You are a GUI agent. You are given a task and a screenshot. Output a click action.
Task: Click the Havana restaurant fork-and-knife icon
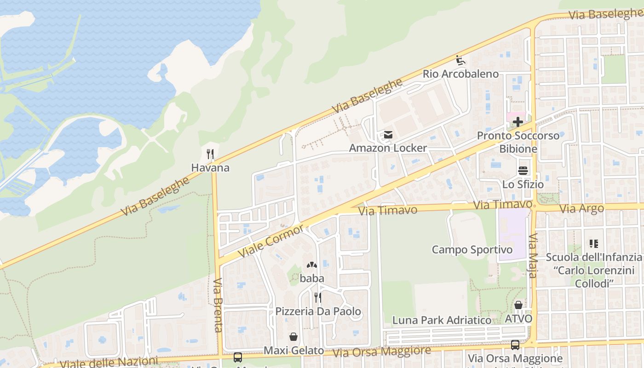tap(211, 154)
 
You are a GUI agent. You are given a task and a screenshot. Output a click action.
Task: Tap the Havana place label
tap(210, 168)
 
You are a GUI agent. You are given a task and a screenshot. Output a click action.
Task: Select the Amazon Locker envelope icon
tap(388, 135)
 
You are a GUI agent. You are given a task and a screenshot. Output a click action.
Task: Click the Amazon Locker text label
tap(388, 148)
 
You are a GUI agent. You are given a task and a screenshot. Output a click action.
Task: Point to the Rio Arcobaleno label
tap(460, 74)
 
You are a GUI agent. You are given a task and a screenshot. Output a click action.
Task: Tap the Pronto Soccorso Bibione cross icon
tap(518, 122)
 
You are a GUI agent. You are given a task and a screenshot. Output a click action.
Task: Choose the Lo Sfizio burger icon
tap(523, 171)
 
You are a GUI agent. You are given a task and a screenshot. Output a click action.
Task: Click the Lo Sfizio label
tap(523, 184)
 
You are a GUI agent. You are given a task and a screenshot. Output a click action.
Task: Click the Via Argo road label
tap(581, 209)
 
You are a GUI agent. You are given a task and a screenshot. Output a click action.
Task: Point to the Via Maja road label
tap(533, 256)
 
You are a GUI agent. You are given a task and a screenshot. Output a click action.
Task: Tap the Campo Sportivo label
tap(472, 250)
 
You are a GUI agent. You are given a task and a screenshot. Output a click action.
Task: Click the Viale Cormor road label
tap(271, 241)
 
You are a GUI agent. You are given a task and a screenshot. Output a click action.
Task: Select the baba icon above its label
tap(312, 265)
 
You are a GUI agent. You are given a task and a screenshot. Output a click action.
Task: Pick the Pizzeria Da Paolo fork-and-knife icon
tap(317, 298)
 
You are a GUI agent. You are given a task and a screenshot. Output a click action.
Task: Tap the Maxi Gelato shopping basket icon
tap(293, 337)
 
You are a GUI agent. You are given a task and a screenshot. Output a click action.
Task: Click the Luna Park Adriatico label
tap(442, 320)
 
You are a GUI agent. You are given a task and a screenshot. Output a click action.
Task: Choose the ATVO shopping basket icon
tap(518, 305)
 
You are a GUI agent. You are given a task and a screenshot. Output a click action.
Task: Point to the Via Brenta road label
tap(218, 305)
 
